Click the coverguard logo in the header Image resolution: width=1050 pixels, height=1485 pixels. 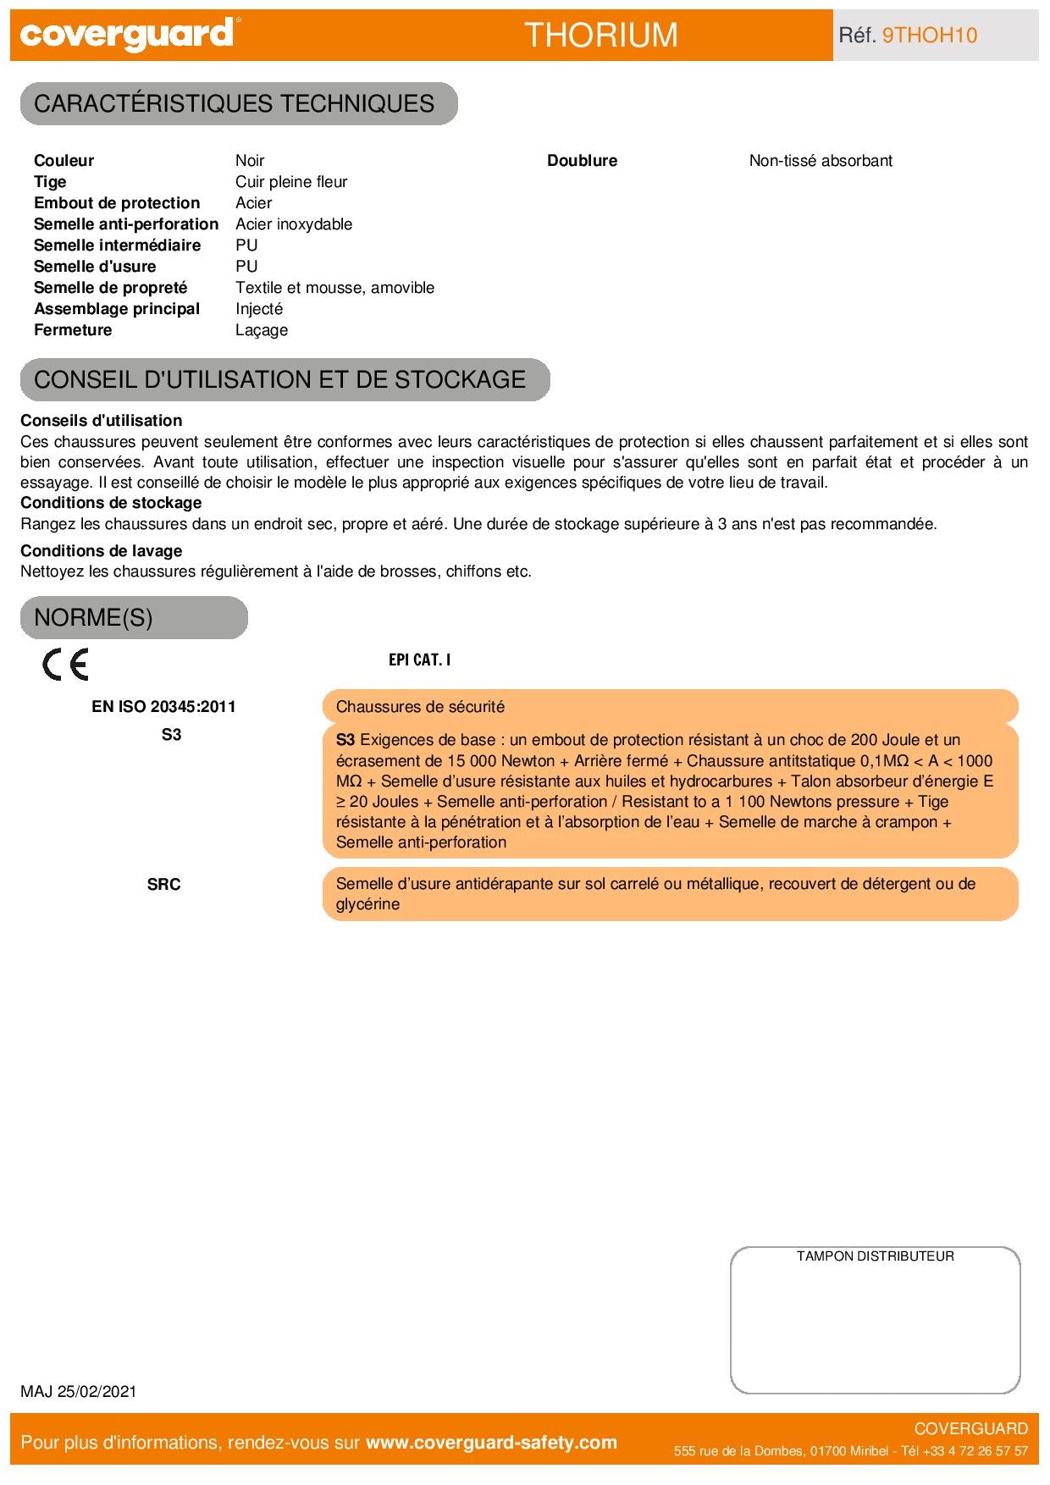pyautogui.click(x=127, y=34)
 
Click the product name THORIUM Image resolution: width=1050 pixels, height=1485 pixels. pyautogui.click(x=601, y=35)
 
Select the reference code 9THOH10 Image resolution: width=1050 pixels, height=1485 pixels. pyautogui.click(x=930, y=35)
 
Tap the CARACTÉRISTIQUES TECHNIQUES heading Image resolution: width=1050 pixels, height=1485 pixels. pyautogui.click(x=235, y=103)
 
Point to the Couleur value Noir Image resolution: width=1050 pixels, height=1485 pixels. pyautogui.click(x=250, y=161)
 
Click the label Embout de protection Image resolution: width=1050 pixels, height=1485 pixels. pyautogui.click(x=117, y=203)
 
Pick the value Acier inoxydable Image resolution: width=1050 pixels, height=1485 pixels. pyautogui.click(x=294, y=224)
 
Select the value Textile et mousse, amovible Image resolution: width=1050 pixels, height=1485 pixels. pyautogui.click(x=334, y=288)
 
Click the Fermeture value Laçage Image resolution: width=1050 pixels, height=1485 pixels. pyautogui.click(x=262, y=330)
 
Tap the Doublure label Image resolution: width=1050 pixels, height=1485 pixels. pyautogui.click(x=582, y=161)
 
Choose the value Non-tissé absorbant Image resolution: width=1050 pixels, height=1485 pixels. pyautogui.click(x=821, y=161)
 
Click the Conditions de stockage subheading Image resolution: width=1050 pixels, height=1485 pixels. pyautogui.click(x=111, y=503)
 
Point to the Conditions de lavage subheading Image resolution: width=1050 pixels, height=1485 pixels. pyautogui.click(x=102, y=551)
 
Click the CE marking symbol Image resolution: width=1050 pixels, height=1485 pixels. pyautogui.click(x=65, y=665)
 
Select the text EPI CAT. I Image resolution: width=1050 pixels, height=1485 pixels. pyautogui.click(x=419, y=660)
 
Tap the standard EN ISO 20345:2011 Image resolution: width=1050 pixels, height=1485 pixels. pyautogui.click(x=163, y=707)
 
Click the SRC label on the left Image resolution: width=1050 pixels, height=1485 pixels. pyautogui.click(x=163, y=884)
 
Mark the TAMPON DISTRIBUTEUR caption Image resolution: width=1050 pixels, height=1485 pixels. pyautogui.click(x=875, y=1256)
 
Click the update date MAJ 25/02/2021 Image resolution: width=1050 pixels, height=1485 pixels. pyautogui.click(x=79, y=1392)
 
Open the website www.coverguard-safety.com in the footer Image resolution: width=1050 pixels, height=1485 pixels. pyautogui.click(x=491, y=1443)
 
